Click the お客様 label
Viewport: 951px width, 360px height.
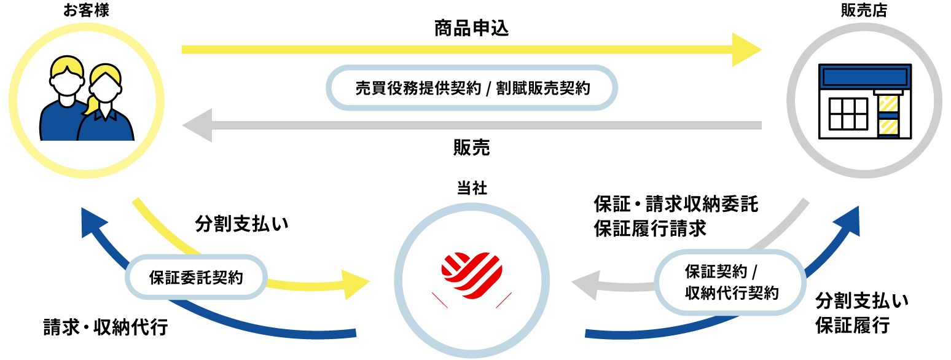(x=86, y=10)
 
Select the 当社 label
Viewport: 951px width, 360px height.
(x=472, y=189)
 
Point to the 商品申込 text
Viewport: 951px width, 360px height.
(x=471, y=29)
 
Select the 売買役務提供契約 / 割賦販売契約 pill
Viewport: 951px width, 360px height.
(x=472, y=88)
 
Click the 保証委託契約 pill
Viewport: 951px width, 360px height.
(x=196, y=278)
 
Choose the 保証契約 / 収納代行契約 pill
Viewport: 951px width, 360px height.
(x=731, y=282)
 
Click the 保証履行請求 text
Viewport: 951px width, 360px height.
(x=650, y=229)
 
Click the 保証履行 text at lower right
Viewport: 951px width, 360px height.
(x=853, y=325)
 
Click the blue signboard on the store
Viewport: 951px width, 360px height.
(x=864, y=77)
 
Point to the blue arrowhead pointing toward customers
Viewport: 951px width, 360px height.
(x=90, y=221)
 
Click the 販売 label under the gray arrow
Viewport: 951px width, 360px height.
(x=471, y=148)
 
